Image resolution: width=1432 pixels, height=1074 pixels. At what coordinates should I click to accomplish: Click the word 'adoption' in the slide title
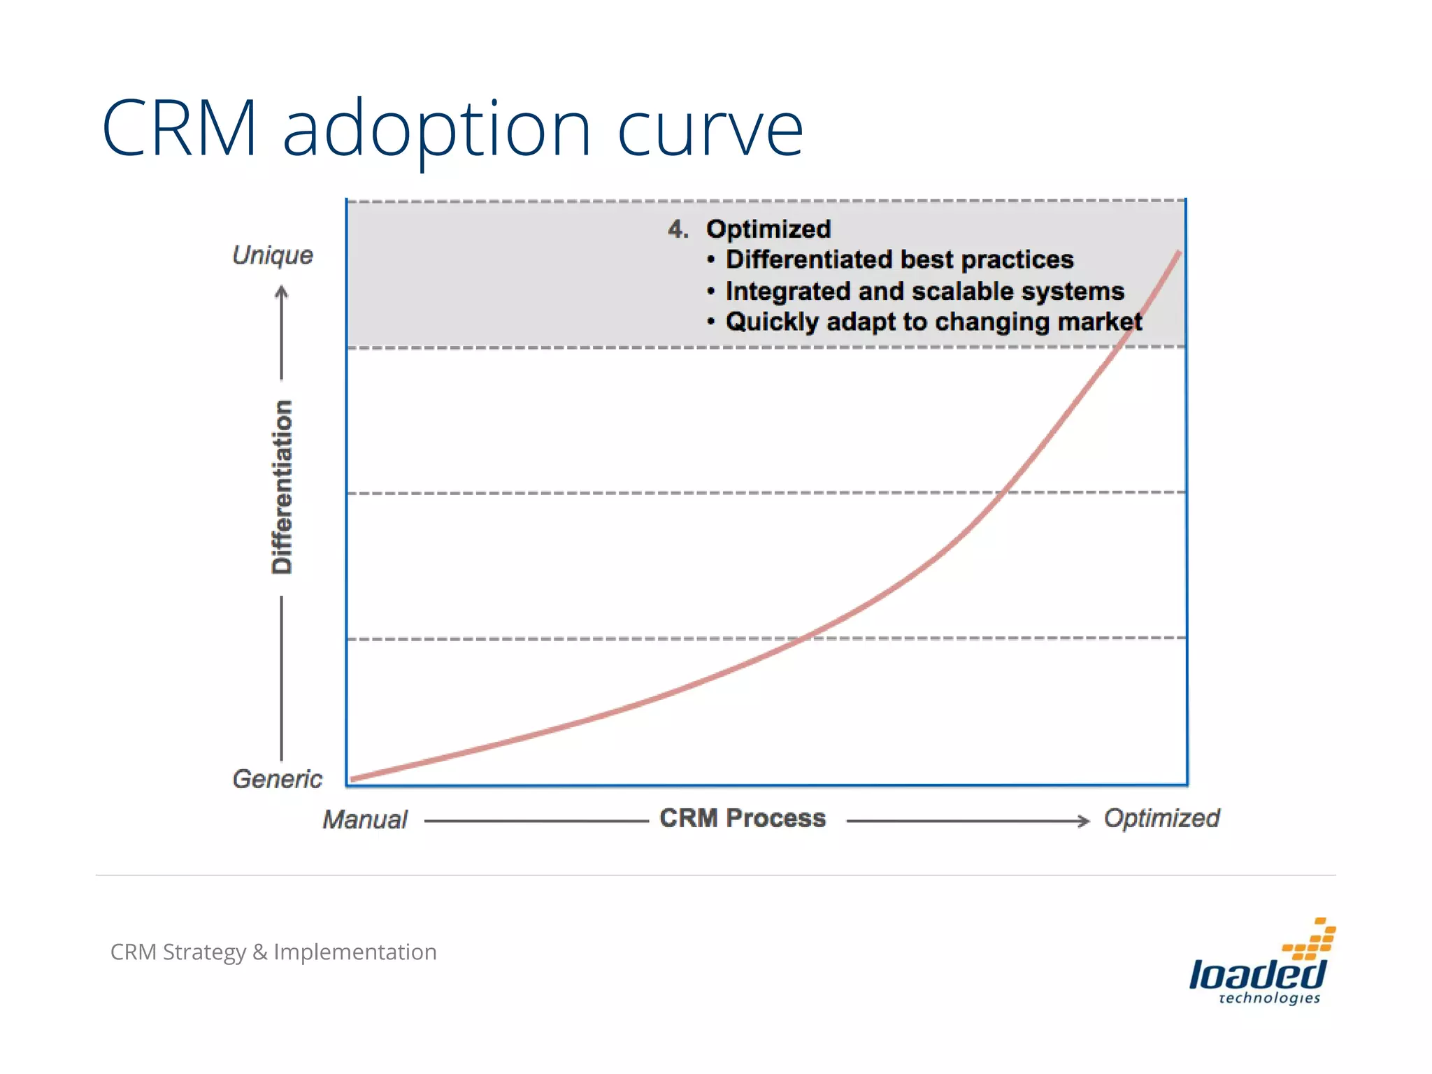pyautogui.click(x=437, y=129)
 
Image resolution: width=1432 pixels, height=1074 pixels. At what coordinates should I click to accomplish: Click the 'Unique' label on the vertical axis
pyautogui.click(x=273, y=255)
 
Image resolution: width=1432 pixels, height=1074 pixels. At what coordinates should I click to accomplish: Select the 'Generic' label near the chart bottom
pyautogui.click(x=278, y=778)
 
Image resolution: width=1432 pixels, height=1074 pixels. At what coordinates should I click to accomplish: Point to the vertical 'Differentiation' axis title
pyautogui.click(x=282, y=487)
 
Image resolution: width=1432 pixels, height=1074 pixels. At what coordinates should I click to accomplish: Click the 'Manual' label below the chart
pyautogui.click(x=365, y=819)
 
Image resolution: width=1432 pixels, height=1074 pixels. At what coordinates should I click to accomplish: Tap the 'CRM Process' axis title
pyautogui.click(x=743, y=818)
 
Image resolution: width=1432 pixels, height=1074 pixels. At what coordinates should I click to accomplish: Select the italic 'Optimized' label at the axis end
pyautogui.click(x=1161, y=818)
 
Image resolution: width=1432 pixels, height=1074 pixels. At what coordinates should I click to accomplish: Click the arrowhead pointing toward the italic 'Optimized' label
pyautogui.click(x=1084, y=821)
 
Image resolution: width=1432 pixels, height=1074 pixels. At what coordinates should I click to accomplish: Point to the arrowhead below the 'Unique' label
pyautogui.click(x=282, y=292)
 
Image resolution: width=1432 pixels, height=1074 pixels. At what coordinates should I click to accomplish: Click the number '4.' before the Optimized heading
pyautogui.click(x=678, y=229)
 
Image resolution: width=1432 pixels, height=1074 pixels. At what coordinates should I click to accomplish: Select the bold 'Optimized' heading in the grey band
pyautogui.click(x=768, y=229)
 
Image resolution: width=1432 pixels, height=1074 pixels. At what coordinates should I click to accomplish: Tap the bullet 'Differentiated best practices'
pyautogui.click(x=899, y=260)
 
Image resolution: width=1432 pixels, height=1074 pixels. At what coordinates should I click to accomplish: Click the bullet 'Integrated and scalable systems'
pyautogui.click(x=924, y=291)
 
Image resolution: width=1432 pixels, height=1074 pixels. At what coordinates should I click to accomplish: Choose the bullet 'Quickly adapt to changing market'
pyautogui.click(x=933, y=322)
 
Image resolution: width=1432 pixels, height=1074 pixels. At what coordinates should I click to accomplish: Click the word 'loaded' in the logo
pyautogui.click(x=1257, y=974)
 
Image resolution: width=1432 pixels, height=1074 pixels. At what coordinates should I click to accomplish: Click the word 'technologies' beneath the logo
pyautogui.click(x=1269, y=998)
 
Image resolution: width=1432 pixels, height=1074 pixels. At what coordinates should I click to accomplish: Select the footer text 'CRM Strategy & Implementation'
pyautogui.click(x=273, y=952)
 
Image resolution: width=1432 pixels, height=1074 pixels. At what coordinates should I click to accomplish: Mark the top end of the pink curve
pyautogui.click(x=1179, y=253)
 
